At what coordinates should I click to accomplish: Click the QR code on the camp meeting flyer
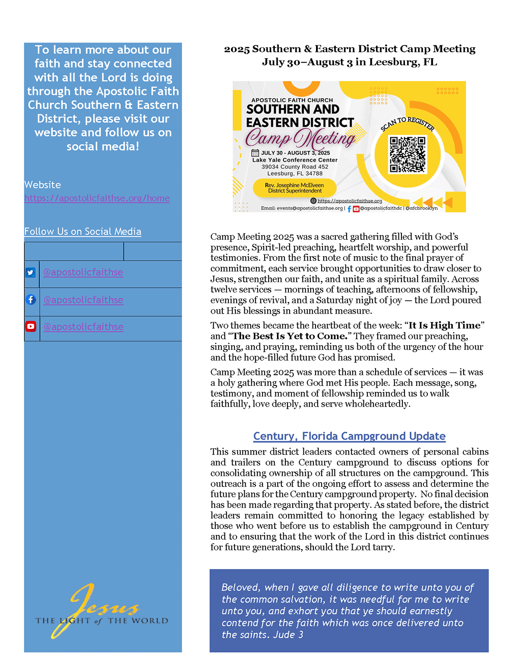(x=407, y=155)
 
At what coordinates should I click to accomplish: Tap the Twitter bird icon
(x=30, y=273)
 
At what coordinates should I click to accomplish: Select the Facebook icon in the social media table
(x=31, y=299)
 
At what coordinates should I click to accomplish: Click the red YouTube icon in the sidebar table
(x=31, y=327)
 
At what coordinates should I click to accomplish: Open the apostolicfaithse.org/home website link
(x=97, y=198)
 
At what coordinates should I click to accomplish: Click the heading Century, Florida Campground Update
(x=349, y=436)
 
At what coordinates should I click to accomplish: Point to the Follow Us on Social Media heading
(x=82, y=232)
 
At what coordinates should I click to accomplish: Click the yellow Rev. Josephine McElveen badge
(x=294, y=188)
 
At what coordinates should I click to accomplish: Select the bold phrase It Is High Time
(x=444, y=325)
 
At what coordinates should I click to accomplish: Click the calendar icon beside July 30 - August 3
(x=255, y=153)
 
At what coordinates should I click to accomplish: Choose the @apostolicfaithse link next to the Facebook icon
(x=83, y=300)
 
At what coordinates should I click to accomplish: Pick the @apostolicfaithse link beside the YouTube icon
(x=83, y=327)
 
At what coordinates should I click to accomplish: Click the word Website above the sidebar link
(x=42, y=185)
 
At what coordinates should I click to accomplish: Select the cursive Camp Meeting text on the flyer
(x=300, y=138)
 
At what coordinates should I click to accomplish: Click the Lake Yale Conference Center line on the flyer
(x=295, y=160)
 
